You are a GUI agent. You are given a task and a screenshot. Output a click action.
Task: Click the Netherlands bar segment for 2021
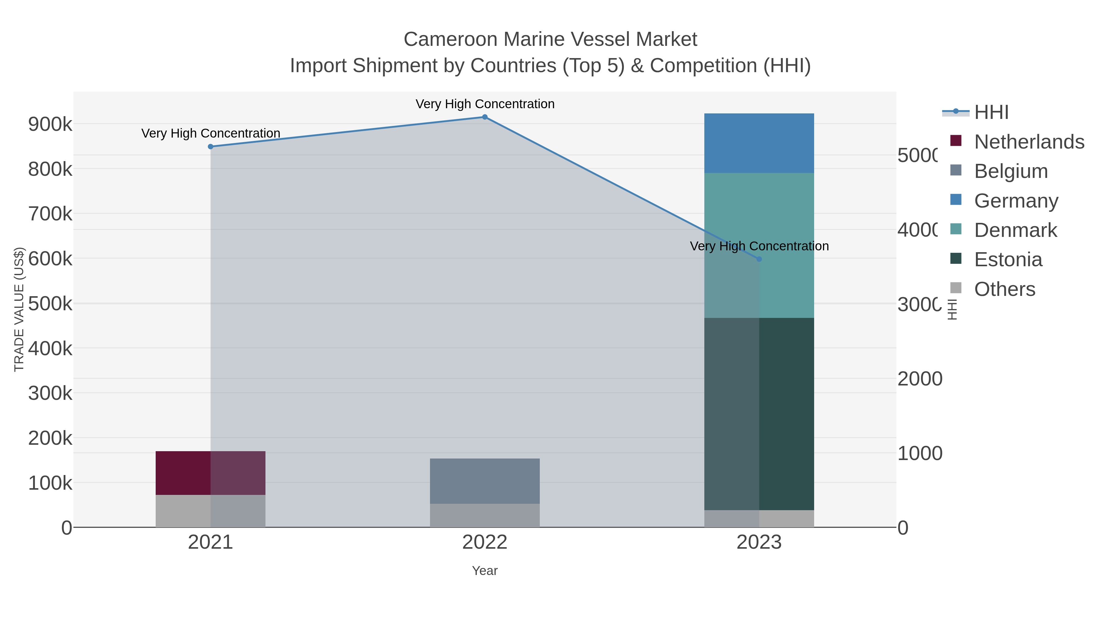point(210,473)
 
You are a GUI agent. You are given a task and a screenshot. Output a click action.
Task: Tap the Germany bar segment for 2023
point(759,143)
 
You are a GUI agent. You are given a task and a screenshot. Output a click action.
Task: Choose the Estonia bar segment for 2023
point(759,414)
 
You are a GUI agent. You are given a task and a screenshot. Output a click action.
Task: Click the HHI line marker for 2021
point(210,146)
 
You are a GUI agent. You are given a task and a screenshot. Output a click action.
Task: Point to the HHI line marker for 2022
point(485,117)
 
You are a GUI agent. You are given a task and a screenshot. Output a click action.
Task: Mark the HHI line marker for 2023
point(759,259)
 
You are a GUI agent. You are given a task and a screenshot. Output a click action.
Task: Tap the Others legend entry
point(1004,289)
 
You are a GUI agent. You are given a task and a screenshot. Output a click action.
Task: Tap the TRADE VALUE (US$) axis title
point(19,309)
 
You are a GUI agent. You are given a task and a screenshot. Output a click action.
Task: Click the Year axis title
point(485,571)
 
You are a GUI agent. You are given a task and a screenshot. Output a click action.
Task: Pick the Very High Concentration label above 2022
point(485,104)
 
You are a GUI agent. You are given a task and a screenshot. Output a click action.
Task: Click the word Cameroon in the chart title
point(450,39)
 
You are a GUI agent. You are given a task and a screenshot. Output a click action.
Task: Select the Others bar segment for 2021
point(210,511)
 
